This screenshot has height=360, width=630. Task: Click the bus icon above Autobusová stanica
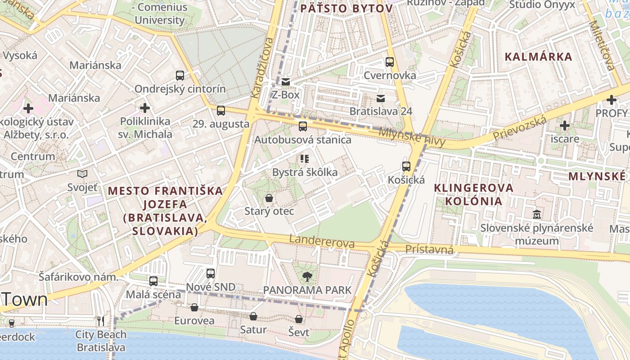click(x=303, y=126)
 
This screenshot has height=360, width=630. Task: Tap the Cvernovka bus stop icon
click(x=390, y=62)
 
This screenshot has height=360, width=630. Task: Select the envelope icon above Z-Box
click(x=286, y=82)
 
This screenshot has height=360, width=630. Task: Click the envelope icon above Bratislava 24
click(x=381, y=98)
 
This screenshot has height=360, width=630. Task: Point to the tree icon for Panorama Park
click(x=307, y=276)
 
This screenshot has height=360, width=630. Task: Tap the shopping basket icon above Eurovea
click(x=194, y=307)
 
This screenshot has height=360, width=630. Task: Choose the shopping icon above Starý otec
click(x=269, y=198)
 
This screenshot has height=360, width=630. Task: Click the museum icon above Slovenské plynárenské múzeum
click(x=537, y=215)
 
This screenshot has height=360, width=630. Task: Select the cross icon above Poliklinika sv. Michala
click(x=145, y=108)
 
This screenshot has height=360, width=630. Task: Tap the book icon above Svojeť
click(x=82, y=174)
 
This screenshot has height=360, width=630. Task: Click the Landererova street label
click(x=322, y=241)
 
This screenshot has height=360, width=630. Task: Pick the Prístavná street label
click(x=429, y=249)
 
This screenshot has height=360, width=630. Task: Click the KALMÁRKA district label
click(x=539, y=57)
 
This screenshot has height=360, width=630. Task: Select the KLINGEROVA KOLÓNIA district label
click(x=474, y=194)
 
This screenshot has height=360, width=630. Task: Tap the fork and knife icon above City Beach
click(x=101, y=321)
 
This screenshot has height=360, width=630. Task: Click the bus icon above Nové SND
click(x=211, y=273)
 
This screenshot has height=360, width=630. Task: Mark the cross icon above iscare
click(x=565, y=126)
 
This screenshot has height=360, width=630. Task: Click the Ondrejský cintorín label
click(x=180, y=89)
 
